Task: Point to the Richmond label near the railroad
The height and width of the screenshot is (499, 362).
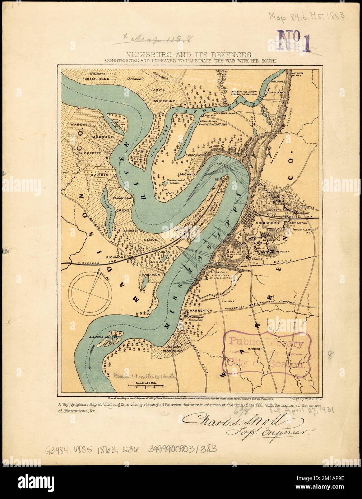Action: click(x=116, y=257)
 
